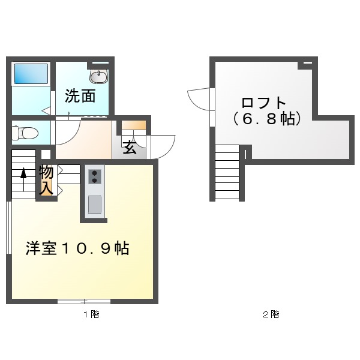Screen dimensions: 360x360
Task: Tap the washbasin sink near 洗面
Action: point(98,76)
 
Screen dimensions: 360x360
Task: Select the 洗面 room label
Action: point(80,96)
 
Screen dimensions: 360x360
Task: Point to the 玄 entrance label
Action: point(129,148)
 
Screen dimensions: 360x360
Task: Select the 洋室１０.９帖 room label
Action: point(77,248)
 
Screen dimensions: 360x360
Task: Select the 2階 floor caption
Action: point(271,314)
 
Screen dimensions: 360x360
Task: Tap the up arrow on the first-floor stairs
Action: point(23,174)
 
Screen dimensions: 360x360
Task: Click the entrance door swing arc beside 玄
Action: point(162,144)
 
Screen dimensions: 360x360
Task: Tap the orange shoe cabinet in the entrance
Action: point(134,127)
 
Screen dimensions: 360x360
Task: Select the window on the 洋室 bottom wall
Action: point(84,301)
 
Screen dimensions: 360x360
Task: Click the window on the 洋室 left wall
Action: point(8,228)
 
